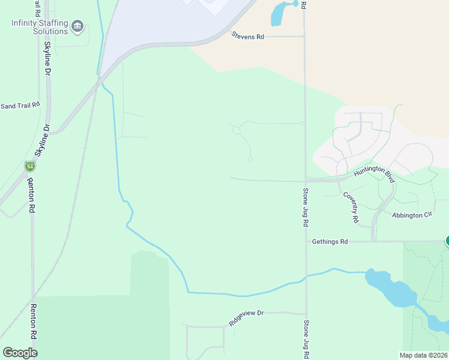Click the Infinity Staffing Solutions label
pos(39,27)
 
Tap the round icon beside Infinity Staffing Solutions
pos(77,26)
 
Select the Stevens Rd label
pos(248,37)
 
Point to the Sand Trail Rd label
pos(19,106)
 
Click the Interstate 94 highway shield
pos(30,166)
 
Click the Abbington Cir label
pos(412,215)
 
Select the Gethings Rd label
pos(330,242)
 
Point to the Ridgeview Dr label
pos(246,317)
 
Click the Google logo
pos(20,353)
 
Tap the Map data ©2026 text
pos(423,355)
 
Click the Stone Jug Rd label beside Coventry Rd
pos(306,207)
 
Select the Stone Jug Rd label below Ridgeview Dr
pos(306,339)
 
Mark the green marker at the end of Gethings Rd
pos(447,241)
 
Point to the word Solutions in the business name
pos(50,31)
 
